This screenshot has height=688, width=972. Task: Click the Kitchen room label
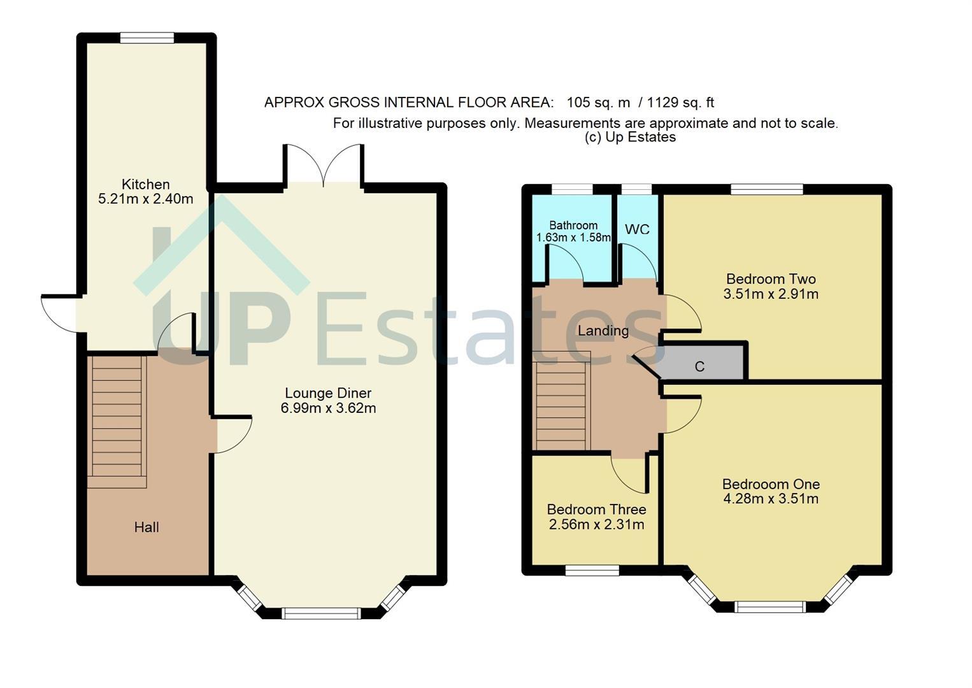coord(145,185)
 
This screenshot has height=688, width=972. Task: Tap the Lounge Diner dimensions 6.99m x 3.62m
coord(328,408)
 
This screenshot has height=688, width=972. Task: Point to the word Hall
coord(147,527)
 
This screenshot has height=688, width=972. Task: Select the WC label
coord(638,229)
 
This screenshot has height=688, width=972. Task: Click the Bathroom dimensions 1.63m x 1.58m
coord(573,238)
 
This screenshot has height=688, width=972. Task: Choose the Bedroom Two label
coord(771,278)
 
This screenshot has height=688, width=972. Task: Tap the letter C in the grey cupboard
coord(699,367)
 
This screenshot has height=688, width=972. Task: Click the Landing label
coord(603,331)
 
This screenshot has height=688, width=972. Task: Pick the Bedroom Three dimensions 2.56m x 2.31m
coord(597,525)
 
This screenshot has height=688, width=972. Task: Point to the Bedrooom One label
coord(771,484)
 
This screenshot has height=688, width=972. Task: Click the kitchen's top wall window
coord(147,38)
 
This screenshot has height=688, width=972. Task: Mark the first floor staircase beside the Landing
coord(562,400)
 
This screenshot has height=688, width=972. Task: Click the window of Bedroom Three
coord(592,570)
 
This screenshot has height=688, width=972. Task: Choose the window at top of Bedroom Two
coord(767,189)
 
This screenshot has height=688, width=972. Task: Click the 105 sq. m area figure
coord(598,103)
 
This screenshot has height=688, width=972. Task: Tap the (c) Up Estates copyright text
coord(630,137)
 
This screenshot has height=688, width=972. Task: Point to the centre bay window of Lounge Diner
coord(321,613)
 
